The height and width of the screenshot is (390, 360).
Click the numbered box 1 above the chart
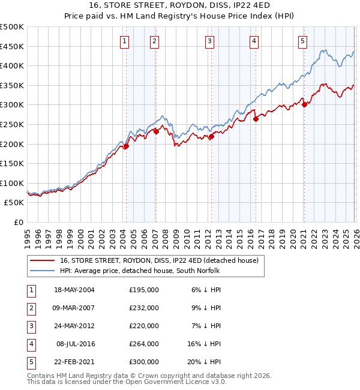[x=124, y=41]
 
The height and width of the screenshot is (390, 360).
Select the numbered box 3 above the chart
[x=209, y=41]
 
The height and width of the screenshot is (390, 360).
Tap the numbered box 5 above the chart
[x=302, y=41]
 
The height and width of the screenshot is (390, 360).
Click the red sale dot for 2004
[x=126, y=146]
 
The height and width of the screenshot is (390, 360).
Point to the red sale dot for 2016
[x=256, y=119]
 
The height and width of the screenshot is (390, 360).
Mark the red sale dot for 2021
[x=304, y=104]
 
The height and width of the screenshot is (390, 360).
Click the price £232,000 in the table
[x=143, y=308]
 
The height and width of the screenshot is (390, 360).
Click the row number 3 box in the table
[x=30, y=326]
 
